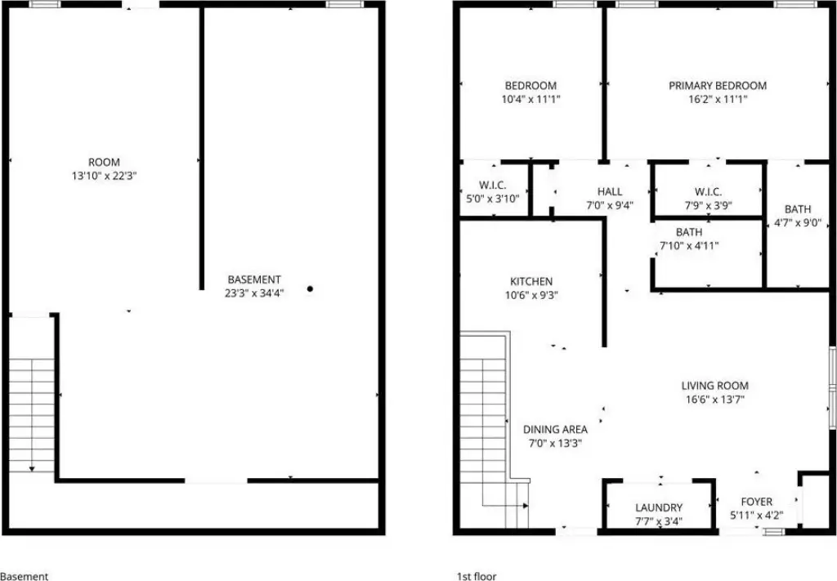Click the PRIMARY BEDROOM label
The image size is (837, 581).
point(718,85)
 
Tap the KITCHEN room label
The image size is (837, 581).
point(531,281)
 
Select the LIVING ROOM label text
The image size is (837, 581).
point(714,385)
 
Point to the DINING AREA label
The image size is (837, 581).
point(555,429)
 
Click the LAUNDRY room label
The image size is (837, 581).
point(659,507)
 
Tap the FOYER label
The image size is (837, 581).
point(756,502)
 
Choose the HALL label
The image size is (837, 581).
point(610,191)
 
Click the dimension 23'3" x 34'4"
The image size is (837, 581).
point(254,293)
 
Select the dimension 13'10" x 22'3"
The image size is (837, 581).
point(104,176)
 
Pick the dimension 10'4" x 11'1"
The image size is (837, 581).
point(530,99)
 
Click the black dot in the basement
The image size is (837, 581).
point(310,288)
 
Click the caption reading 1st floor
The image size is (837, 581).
point(477,576)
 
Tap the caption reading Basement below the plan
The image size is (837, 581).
point(24,576)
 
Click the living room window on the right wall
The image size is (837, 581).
point(832,387)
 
